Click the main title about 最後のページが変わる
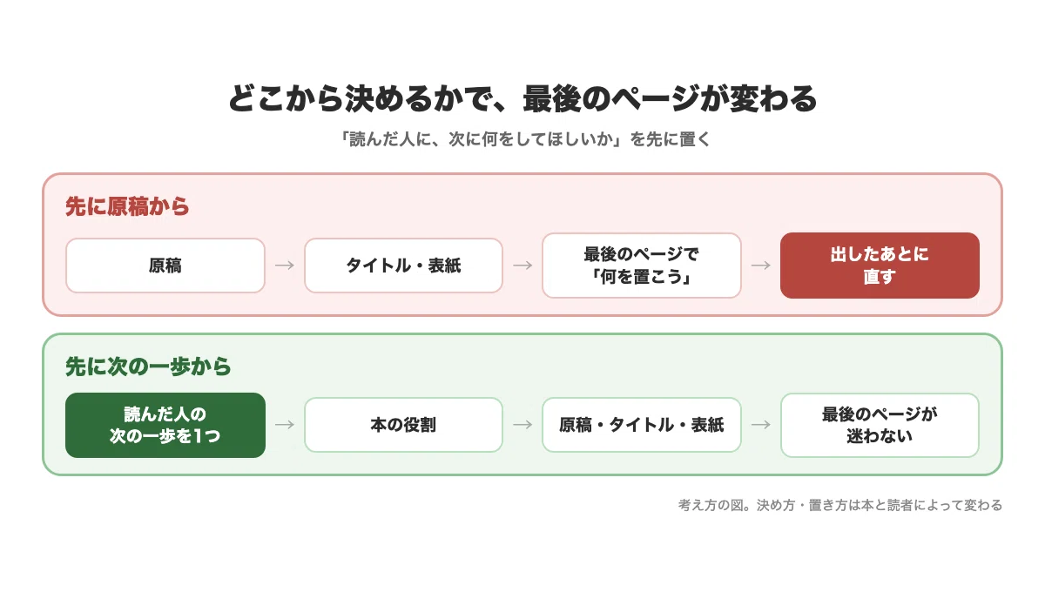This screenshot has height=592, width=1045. pos(522,98)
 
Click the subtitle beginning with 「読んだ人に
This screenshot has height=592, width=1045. pos(524,139)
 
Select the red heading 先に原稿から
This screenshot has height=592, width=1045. pos(127,206)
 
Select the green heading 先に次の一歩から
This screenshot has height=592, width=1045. pos(148,367)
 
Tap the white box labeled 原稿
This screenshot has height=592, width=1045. pos(165,266)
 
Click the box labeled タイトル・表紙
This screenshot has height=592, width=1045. pos(403,266)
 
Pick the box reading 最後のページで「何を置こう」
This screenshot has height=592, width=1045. pos(642,266)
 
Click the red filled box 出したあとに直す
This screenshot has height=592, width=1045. pos(880,266)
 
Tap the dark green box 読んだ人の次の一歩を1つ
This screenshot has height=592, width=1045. pos(165,425)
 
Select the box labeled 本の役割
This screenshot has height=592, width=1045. pos(403,425)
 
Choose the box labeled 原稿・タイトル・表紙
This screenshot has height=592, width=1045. pos(642,425)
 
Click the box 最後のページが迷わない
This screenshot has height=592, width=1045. pos(880,425)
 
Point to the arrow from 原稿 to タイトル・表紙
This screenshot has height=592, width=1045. pos(285,266)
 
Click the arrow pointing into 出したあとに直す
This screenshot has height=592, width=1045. pos(761,266)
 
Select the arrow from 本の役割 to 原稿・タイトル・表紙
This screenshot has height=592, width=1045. pos(522,425)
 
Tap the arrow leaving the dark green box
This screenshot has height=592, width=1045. pos(285,425)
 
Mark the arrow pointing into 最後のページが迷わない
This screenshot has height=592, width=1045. pos(761,425)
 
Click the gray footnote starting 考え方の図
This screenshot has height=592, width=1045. pos(839,505)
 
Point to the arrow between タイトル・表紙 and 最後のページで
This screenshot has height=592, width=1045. pos(522,266)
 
